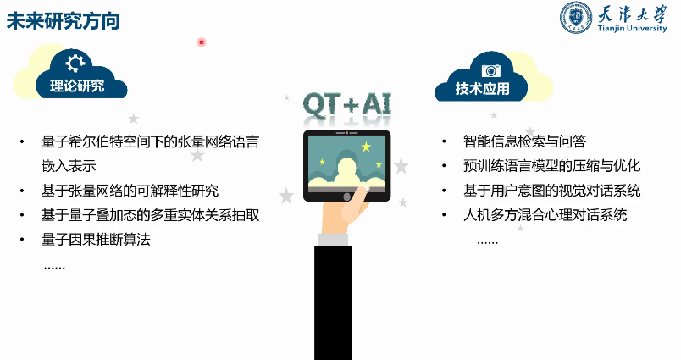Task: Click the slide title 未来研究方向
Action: (63, 21)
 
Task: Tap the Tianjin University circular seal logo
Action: (576, 19)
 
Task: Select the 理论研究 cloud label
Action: (77, 86)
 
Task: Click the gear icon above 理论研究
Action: (75, 63)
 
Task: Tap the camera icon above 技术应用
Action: (490, 69)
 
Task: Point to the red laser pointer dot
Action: (202, 42)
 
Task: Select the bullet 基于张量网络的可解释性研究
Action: (130, 191)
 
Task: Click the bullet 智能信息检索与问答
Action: (524, 141)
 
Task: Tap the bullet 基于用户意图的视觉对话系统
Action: (551, 191)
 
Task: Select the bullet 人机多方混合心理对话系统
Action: (545, 215)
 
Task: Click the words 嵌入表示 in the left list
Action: (69, 166)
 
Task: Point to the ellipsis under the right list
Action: (487, 241)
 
